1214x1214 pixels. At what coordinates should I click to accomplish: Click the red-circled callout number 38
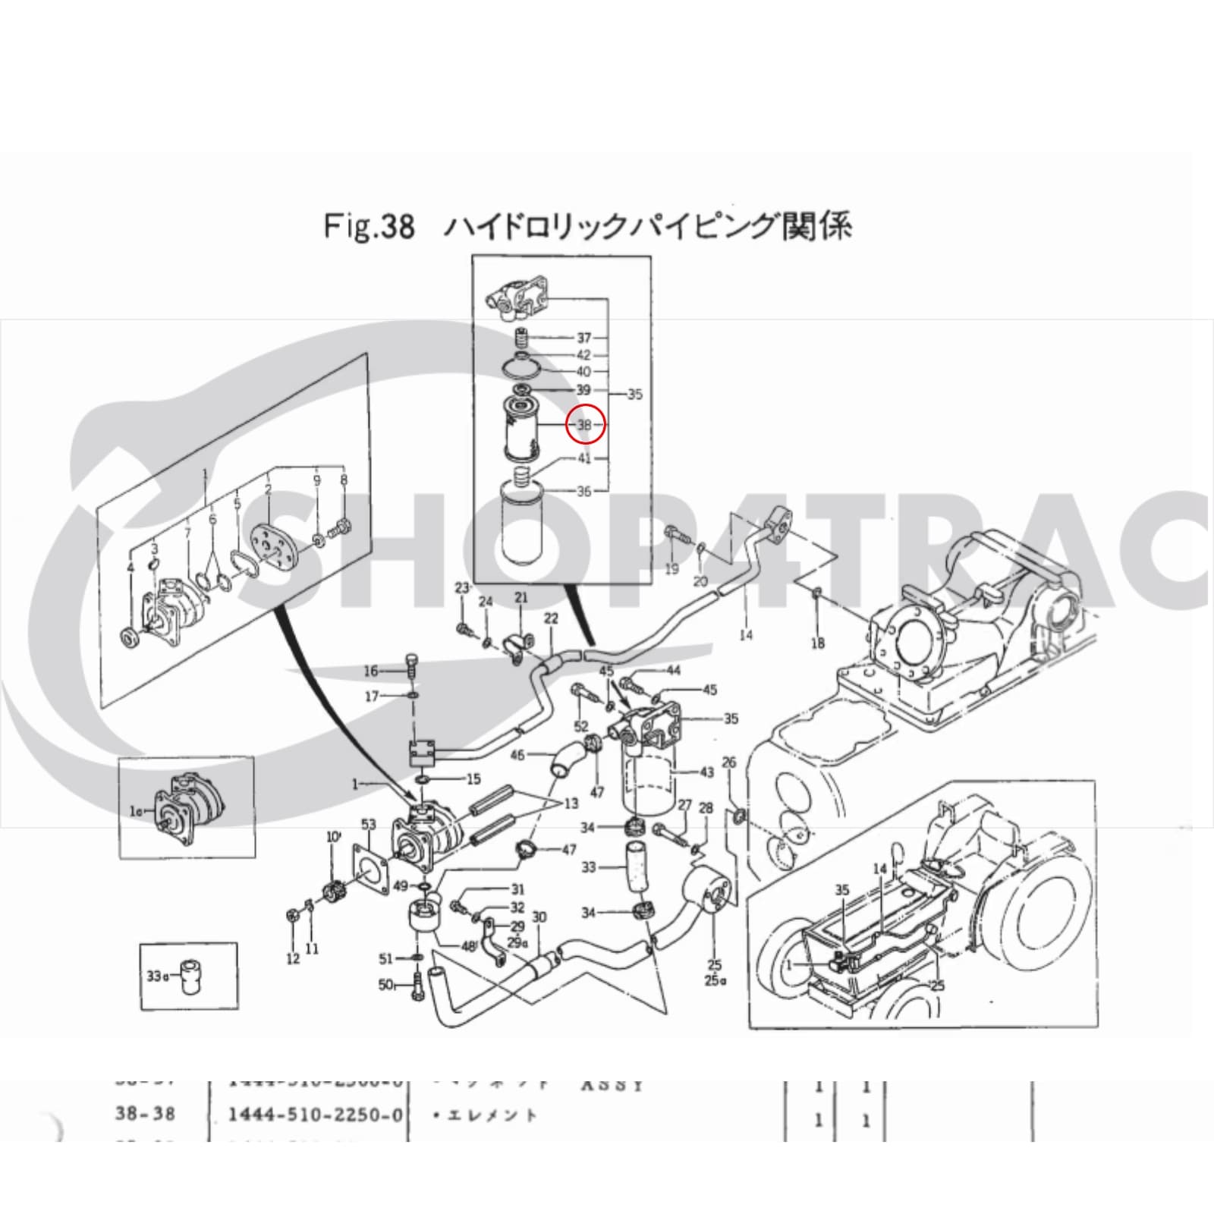pyautogui.click(x=585, y=425)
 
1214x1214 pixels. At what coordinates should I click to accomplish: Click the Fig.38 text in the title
pyautogui.click(x=370, y=226)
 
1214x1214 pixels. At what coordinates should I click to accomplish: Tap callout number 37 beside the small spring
pyautogui.click(x=583, y=338)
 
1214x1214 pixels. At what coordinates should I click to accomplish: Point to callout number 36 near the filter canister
pyautogui.click(x=583, y=491)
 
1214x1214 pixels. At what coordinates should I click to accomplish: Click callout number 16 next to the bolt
pyautogui.click(x=371, y=671)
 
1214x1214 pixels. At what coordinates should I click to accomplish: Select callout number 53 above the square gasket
pyautogui.click(x=369, y=824)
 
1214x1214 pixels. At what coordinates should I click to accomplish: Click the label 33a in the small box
pyautogui.click(x=156, y=976)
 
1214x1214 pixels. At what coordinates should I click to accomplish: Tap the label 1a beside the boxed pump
pyautogui.click(x=137, y=811)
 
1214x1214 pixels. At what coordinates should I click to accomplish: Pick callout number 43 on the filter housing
pyautogui.click(x=706, y=772)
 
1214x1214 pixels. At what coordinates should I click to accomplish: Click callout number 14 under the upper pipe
pyautogui.click(x=746, y=634)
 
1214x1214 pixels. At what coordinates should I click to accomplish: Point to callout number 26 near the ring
pyautogui.click(x=728, y=762)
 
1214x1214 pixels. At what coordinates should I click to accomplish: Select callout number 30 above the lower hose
pyautogui.click(x=539, y=917)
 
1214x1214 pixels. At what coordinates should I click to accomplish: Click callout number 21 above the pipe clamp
pyautogui.click(x=521, y=598)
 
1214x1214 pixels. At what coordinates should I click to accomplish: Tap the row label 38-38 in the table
pyautogui.click(x=145, y=1113)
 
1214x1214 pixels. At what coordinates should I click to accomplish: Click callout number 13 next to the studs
pyautogui.click(x=571, y=803)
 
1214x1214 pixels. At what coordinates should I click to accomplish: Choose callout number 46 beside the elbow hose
pyautogui.click(x=517, y=755)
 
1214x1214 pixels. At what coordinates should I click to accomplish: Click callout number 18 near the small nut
pyautogui.click(x=817, y=643)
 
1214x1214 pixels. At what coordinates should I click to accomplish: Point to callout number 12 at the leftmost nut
pyautogui.click(x=293, y=959)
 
